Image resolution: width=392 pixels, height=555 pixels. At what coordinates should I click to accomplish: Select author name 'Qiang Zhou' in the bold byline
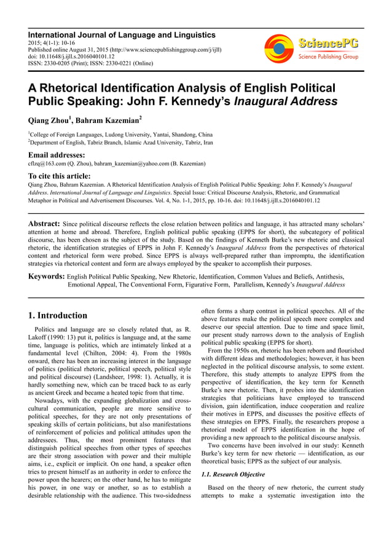tap(51, 120)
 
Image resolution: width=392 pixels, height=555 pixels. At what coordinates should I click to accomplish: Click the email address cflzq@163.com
tap(49, 164)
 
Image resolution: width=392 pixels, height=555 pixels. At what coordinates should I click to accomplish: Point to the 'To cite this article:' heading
tap(63, 175)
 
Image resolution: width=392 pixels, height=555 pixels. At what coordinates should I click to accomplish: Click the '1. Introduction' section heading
tap(58, 316)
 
